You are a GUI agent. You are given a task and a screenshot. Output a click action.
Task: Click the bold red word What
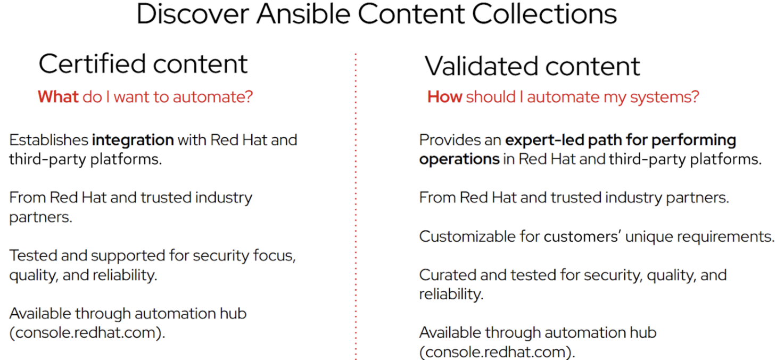[x=58, y=97]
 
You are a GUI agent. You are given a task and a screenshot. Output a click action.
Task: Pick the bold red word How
[x=444, y=97]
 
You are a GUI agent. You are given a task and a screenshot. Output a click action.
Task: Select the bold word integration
[x=133, y=140]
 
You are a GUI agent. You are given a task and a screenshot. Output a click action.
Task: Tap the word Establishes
[x=48, y=140]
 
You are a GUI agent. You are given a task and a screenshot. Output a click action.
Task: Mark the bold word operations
[x=459, y=159]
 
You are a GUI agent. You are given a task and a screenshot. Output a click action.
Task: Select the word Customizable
[x=468, y=236]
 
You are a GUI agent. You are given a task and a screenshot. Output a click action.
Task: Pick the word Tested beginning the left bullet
[x=33, y=256]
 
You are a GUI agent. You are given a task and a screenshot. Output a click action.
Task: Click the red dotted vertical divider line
[x=356, y=213]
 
